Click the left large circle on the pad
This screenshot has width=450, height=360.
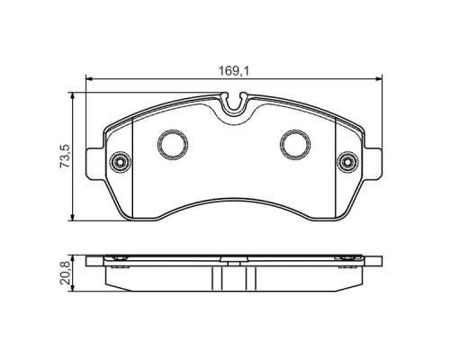pyautogui.click(x=170, y=143)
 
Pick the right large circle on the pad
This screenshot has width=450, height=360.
pyautogui.click(x=294, y=143)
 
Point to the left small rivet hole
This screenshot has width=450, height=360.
pyautogui.click(x=120, y=163)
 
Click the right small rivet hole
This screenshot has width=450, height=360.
pyautogui.click(x=346, y=163)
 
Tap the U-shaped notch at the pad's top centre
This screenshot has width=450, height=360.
pyautogui.click(x=233, y=109)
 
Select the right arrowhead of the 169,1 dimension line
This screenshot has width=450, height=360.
pyautogui.click(x=378, y=80)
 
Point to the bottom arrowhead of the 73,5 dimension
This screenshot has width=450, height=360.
pyautogui.click(x=73, y=220)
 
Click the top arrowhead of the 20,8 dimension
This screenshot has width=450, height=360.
pyautogui.click(x=73, y=256)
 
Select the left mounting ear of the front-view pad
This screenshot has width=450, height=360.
pyautogui.click(x=100, y=165)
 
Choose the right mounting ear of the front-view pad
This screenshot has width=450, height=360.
pyautogui.click(x=366, y=165)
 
